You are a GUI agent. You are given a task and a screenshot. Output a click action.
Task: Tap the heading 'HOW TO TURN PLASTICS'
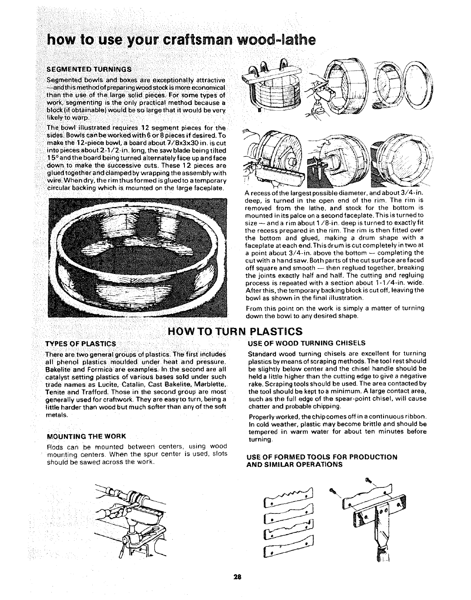[x=235, y=332]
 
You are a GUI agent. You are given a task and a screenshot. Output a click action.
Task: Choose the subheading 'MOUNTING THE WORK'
[x=86, y=436]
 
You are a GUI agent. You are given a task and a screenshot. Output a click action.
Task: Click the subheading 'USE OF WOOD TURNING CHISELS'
[x=306, y=343]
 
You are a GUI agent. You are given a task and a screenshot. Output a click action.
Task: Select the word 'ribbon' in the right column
[x=417, y=417]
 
